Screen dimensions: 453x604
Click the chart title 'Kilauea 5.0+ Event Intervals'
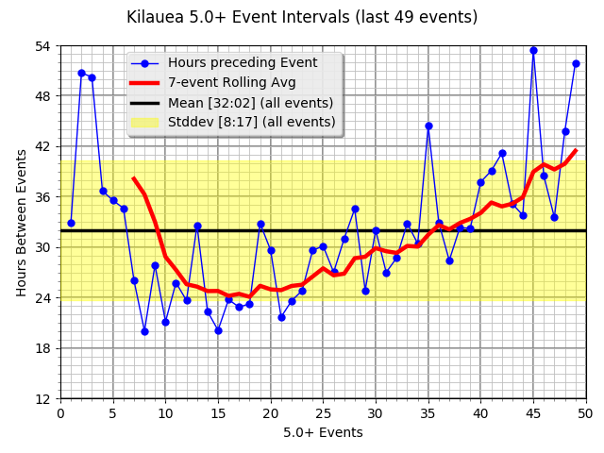[302, 18]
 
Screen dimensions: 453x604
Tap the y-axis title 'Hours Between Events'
[22, 222]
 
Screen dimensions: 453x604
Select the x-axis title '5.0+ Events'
[323, 433]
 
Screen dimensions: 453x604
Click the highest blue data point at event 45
[533, 50]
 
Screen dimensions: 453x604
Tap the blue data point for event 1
[71, 223]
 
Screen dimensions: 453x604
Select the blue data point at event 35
[428, 126]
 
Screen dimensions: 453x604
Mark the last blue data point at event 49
[576, 63]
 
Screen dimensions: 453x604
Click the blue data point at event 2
[81, 73]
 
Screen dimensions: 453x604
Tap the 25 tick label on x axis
[323, 412]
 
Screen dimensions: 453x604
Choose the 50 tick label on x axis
[585, 412]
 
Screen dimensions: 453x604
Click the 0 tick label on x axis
[60, 412]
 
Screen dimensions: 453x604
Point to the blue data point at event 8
[144, 331]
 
